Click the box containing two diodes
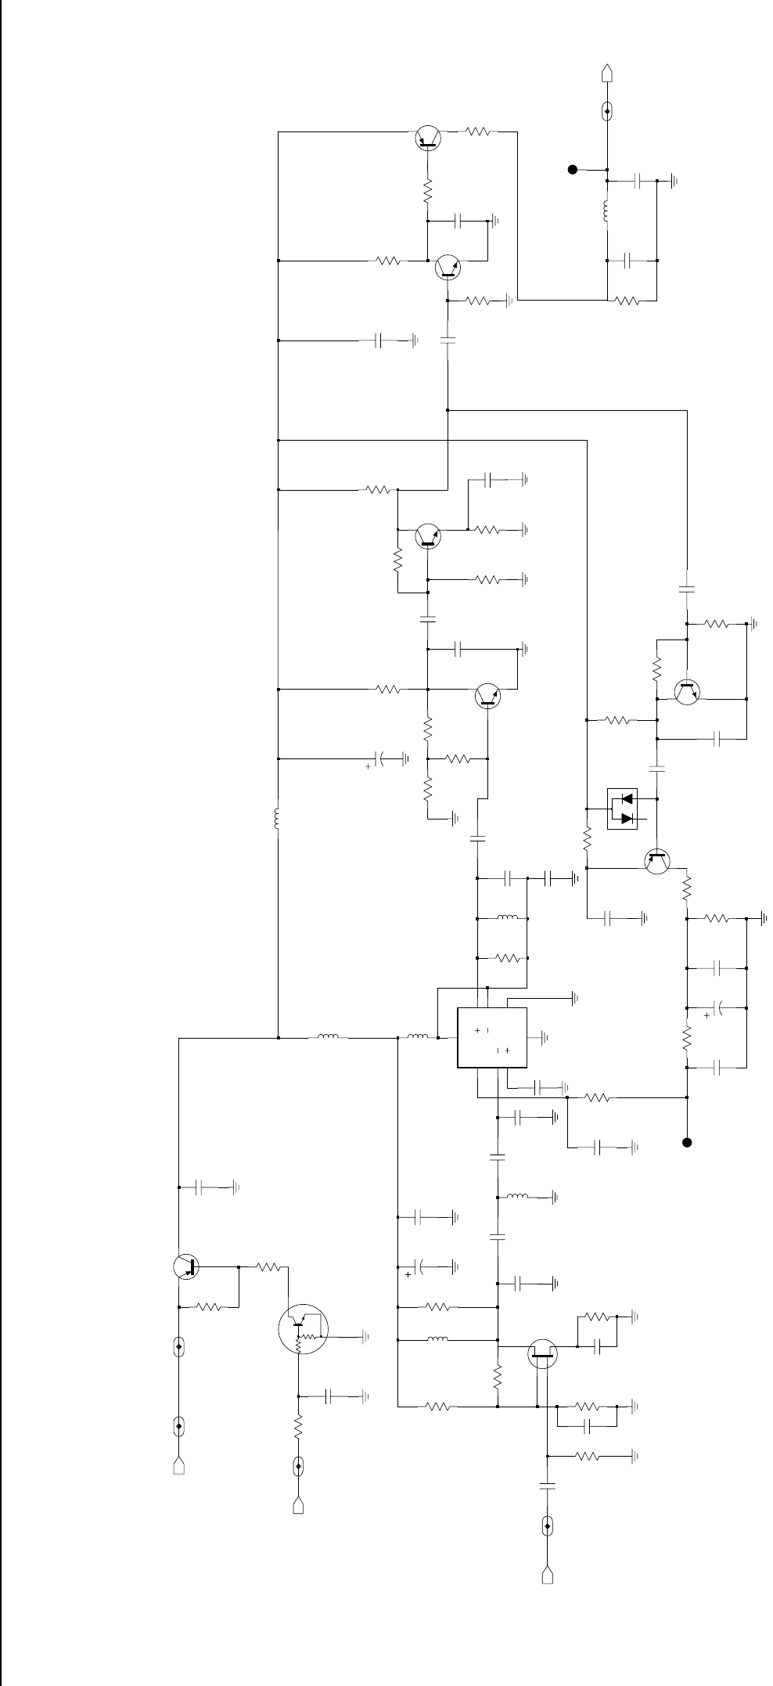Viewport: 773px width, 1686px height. click(x=623, y=809)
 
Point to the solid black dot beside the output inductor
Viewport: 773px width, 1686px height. click(x=573, y=168)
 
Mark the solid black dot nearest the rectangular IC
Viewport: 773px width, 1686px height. click(x=687, y=1142)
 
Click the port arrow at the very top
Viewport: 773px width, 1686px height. click(x=607, y=74)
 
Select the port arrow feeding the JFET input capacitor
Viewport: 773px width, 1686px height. click(x=547, y=1569)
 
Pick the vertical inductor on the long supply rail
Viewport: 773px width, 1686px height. click(x=278, y=819)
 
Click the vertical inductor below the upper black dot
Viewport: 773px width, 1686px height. click(x=607, y=211)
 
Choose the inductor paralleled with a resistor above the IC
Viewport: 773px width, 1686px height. click(x=509, y=918)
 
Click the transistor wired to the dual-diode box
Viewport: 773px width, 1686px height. click(x=657, y=861)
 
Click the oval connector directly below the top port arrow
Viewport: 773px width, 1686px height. click(x=607, y=111)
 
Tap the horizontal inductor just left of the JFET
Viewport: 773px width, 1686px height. click(x=438, y=1339)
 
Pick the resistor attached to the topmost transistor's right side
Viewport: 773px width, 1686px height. click(x=482, y=132)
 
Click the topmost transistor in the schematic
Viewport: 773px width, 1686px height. click(x=427, y=138)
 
